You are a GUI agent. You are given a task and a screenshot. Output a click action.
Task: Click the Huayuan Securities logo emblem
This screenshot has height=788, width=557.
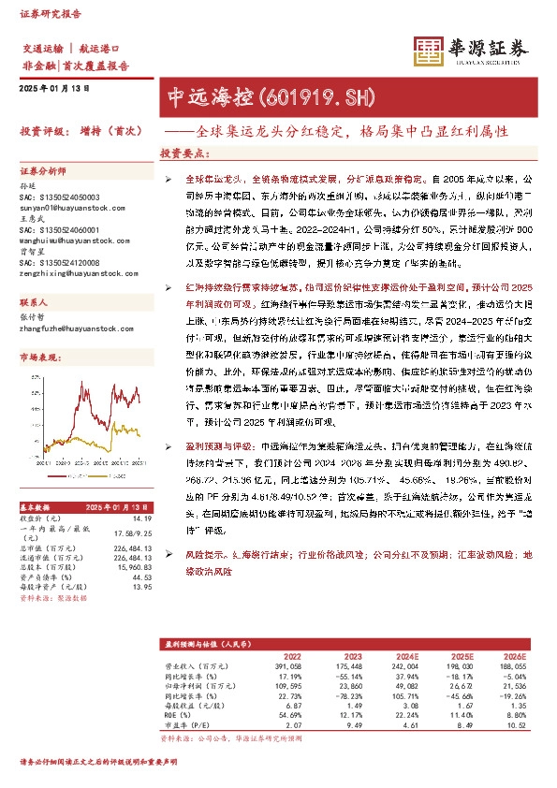[430, 51]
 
